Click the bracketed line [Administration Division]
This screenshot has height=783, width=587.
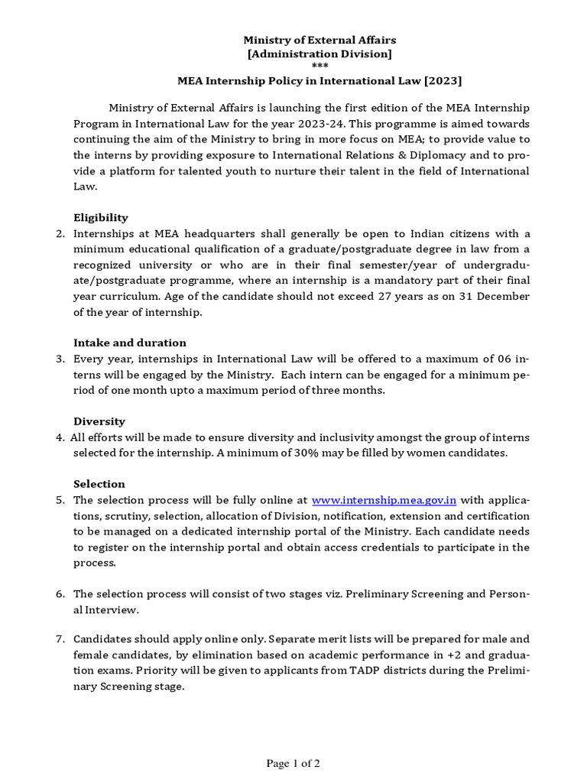pyautogui.click(x=319, y=54)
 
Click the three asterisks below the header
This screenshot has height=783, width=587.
pyautogui.click(x=319, y=67)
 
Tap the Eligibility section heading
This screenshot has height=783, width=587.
pyautogui.click(x=101, y=218)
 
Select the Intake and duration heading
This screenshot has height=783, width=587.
pyautogui.click(x=130, y=343)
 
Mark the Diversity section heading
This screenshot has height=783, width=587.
pyautogui.click(x=99, y=421)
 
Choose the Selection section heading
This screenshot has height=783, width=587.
pyautogui.click(x=99, y=484)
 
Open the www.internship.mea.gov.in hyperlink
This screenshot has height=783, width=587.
pyautogui.click(x=384, y=500)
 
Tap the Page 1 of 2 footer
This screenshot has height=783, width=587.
pyautogui.click(x=293, y=763)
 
